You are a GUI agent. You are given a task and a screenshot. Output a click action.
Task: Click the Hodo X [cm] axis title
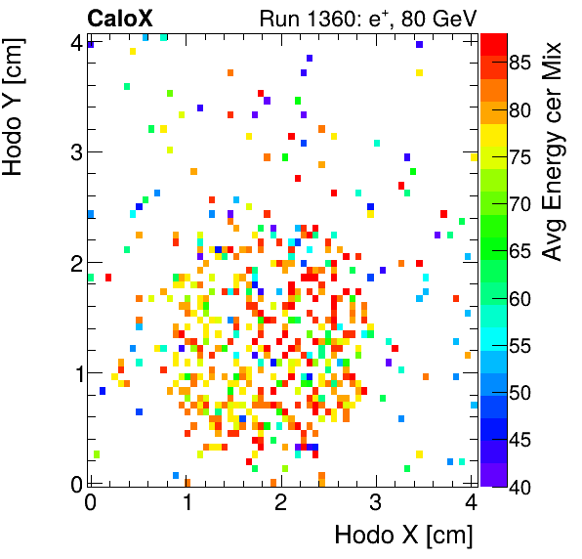(x=403, y=535)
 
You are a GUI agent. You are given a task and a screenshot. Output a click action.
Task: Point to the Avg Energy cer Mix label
(x=554, y=151)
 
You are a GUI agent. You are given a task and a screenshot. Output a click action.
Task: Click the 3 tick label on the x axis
(x=376, y=502)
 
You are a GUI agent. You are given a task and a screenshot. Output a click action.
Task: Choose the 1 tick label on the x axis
(x=185, y=502)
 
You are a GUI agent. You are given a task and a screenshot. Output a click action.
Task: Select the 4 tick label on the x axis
(x=471, y=502)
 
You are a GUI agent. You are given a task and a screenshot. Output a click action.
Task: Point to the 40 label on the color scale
(x=522, y=484)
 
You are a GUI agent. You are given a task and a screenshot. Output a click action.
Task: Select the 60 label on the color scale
(x=522, y=298)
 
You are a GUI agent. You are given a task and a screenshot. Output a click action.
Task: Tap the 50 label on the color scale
(x=522, y=391)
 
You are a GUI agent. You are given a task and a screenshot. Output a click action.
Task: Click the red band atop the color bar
(x=493, y=42)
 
